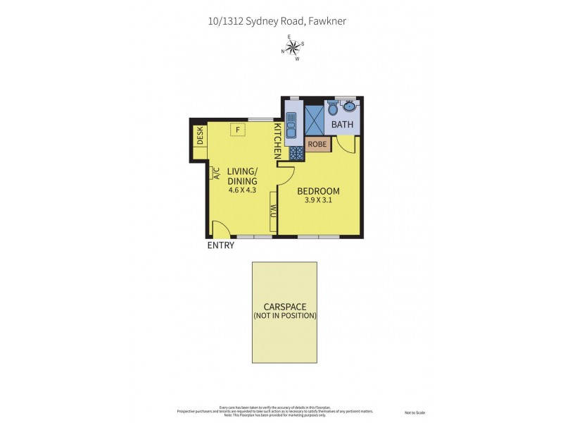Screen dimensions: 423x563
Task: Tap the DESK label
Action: [x=200, y=135]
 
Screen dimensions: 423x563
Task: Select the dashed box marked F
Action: [x=238, y=130]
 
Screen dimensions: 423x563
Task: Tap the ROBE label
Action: [x=317, y=145]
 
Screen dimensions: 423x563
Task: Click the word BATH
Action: [x=343, y=125]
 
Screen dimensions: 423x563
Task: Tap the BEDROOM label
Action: [x=318, y=191]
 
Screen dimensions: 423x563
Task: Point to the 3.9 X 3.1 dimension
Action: [x=318, y=200]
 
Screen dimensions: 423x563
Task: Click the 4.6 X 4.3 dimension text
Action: [x=242, y=190]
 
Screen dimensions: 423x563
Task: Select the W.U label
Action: [x=273, y=211]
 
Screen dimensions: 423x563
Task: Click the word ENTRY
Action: [x=220, y=245]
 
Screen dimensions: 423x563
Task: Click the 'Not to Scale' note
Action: [x=415, y=412]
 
